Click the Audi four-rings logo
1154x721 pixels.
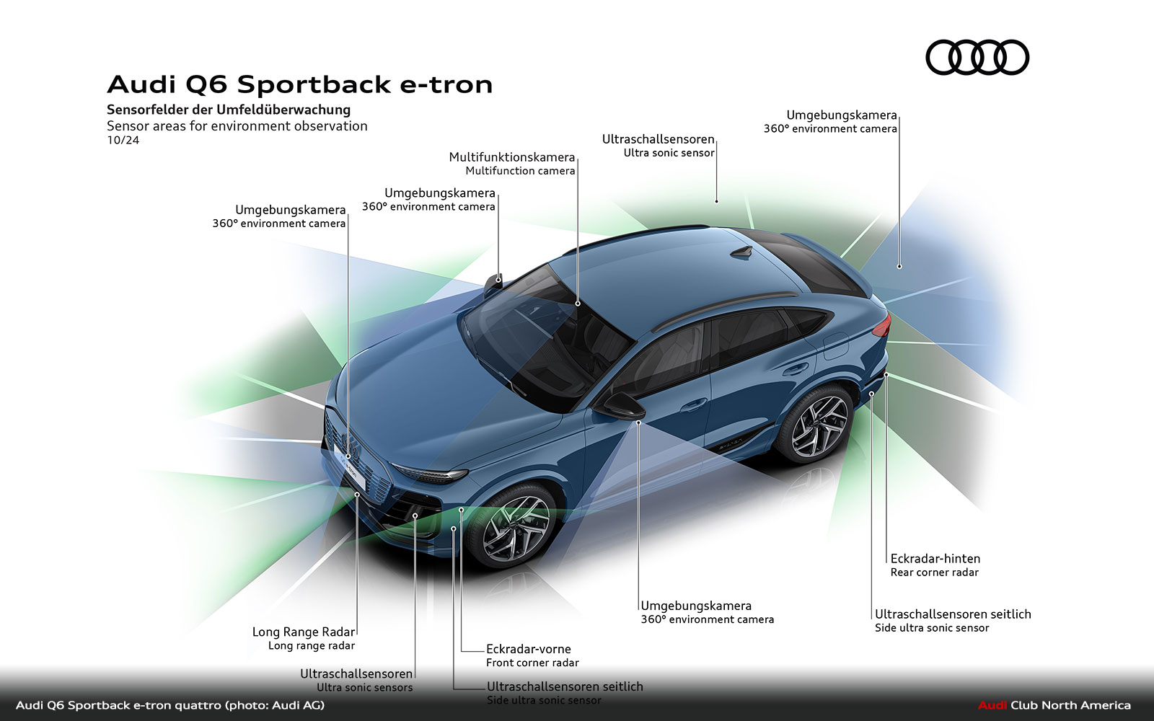click(x=977, y=58)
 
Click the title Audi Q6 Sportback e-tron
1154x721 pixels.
click(x=299, y=84)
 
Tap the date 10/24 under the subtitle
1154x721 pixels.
click(x=123, y=140)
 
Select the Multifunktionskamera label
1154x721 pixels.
click(x=511, y=157)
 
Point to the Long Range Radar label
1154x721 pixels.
click(x=303, y=632)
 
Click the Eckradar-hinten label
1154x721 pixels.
click(x=935, y=559)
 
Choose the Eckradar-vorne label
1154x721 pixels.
click(x=528, y=649)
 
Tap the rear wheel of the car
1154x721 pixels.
click(x=818, y=426)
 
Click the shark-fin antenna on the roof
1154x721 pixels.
click(x=741, y=252)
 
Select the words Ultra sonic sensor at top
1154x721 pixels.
click(x=669, y=153)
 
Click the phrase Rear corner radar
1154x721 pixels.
click(x=934, y=572)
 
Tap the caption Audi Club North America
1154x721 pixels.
click(x=1054, y=705)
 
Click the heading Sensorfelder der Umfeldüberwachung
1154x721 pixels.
click(x=229, y=110)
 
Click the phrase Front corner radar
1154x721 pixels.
click(x=532, y=663)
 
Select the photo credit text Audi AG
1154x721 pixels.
click(x=297, y=705)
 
